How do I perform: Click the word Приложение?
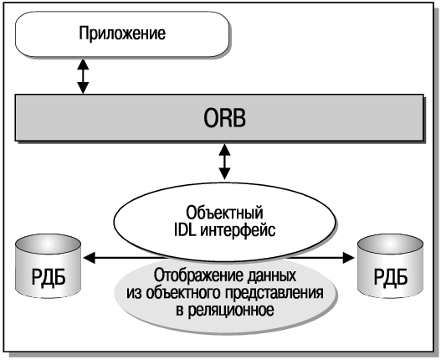pos(122,33)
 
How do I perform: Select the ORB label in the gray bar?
pos(224,118)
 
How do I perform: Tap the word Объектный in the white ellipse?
pos(224,213)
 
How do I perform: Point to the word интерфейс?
pos(238,231)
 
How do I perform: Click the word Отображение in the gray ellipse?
pos(197,275)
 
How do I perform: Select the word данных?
pos(271,275)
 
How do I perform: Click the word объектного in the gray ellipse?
pos(183,293)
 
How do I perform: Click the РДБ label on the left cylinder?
pos(49,277)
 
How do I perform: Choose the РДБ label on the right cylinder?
pos(391,277)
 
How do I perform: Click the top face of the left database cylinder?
pos(49,244)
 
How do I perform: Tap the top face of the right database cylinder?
pos(391,244)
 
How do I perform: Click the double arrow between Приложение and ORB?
pos(83,76)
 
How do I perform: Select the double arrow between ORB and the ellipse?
pos(224,162)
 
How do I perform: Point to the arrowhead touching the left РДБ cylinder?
pos(90,258)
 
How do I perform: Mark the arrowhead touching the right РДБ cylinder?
pos(348,258)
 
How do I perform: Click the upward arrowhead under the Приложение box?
pos(83,64)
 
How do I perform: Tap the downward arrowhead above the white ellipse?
pos(224,174)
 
